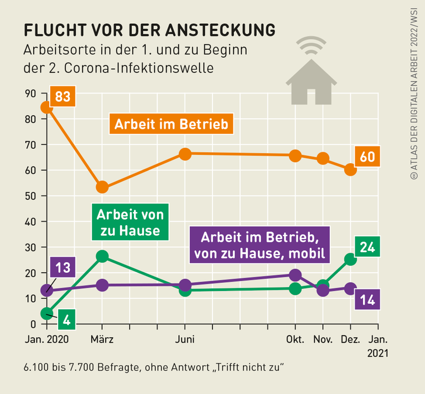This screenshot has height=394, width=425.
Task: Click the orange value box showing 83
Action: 63,97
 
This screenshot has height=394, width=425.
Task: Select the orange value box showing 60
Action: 367,157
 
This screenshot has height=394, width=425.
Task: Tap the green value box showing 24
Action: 368,247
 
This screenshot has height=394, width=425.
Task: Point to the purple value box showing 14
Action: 367,300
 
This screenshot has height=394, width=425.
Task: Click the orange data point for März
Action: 102,187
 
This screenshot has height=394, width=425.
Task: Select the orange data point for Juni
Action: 185,154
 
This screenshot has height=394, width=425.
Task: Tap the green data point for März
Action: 102,256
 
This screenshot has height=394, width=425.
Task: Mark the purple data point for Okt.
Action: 296,275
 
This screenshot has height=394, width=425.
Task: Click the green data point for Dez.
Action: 350,258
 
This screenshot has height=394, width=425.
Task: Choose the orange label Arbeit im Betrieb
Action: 171,125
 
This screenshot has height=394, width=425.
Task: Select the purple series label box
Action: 258,245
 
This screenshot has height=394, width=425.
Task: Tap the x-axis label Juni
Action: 185,339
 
